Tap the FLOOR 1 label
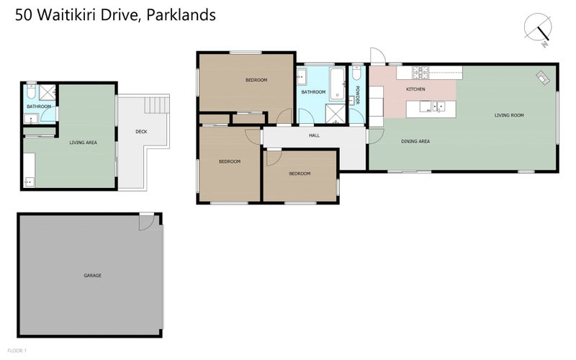click(17, 351)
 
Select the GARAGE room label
click(93, 275)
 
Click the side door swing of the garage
click(147, 222)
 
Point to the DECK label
click(141, 132)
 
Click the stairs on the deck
click(157, 104)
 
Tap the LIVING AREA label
click(84, 143)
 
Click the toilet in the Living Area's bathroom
click(31, 91)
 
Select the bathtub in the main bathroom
click(337, 84)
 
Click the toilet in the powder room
click(356, 73)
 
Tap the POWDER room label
click(356, 95)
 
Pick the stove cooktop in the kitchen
click(420, 73)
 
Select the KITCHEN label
click(415, 89)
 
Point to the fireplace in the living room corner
click(543, 78)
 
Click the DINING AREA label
click(415, 141)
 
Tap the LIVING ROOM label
click(509, 115)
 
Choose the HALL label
click(314, 135)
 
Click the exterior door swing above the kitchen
click(377, 56)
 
